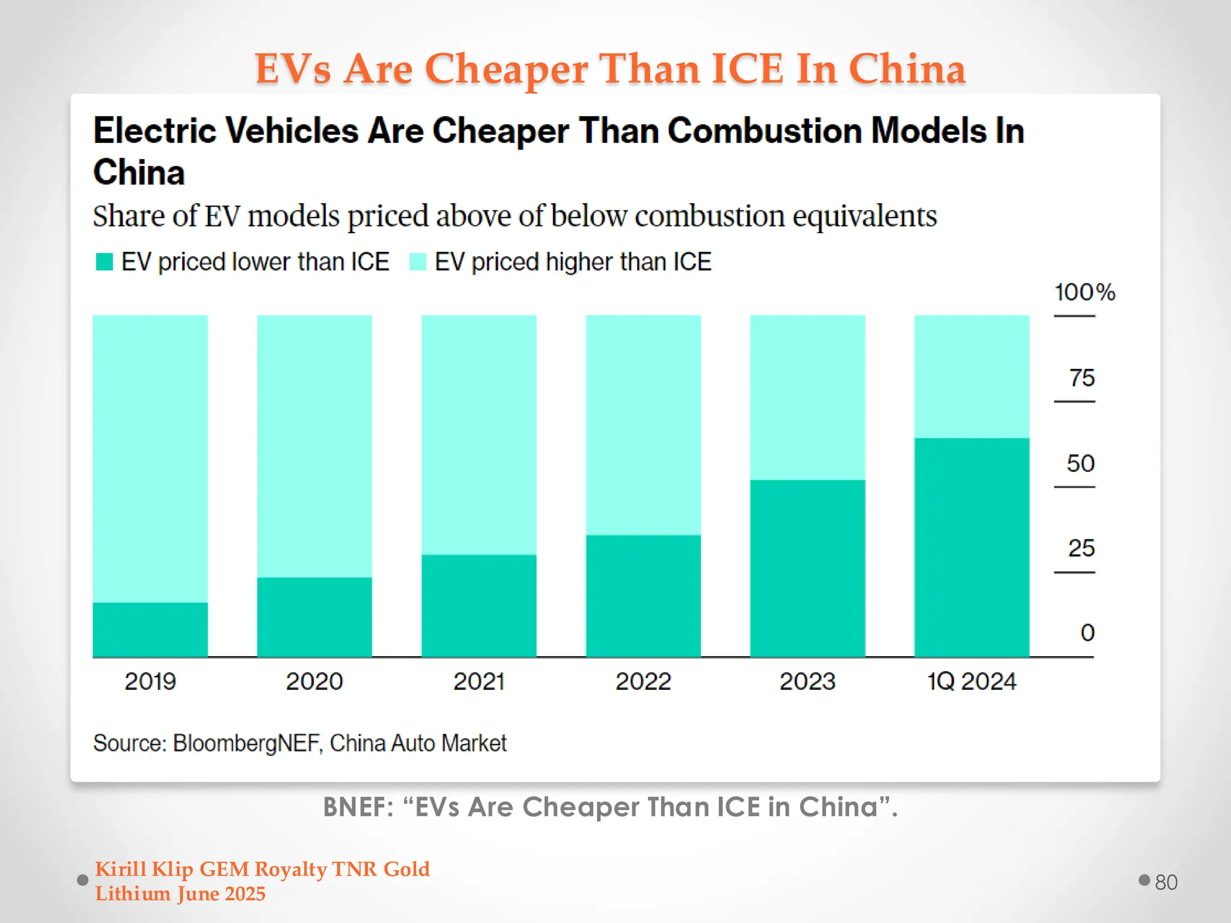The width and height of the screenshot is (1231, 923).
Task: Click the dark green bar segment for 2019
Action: pyautogui.click(x=150, y=629)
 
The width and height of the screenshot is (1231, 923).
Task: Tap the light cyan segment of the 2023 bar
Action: pyautogui.click(x=807, y=397)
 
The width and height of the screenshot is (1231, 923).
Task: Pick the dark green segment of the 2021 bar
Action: pyautogui.click(x=478, y=605)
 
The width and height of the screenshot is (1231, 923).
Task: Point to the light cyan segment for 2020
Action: pyautogui.click(x=314, y=446)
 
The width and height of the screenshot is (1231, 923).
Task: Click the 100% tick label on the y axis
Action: pyautogui.click(x=1084, y=293)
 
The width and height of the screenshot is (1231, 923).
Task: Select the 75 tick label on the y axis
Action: pyautogui.click(x=1081, y=378)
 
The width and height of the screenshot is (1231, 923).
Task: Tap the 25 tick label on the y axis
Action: pyautogui.click(x=1081, y=548)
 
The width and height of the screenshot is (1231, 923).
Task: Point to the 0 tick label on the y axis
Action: pyautogui.click(x=1087, y=633)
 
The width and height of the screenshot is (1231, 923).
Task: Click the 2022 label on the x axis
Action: pyautogui.click(x=643, y=681)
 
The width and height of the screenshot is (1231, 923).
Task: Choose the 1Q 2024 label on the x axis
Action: pyautogui.click(x=971, y=681)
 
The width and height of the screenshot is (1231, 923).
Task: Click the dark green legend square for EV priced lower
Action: pyautogui.click(x=105, y=262)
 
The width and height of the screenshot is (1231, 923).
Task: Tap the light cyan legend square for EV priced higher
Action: pyautogui.click(x=418, y=262)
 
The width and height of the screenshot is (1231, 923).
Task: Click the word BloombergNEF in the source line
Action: pyautogui.click(x=246, y=743)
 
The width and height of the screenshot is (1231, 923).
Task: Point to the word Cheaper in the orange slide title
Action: pyautogui.click(x=506, y=69)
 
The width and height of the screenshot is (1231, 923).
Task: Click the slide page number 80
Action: pyautogui.click(x=1165, y=882)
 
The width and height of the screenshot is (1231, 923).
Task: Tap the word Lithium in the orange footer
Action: pyautogui.click(x=133, y=894)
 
